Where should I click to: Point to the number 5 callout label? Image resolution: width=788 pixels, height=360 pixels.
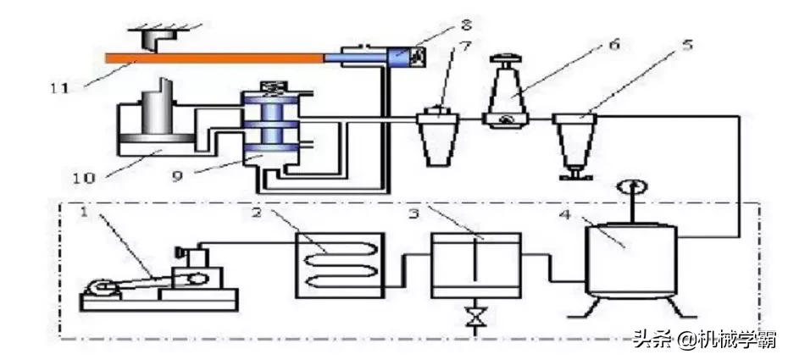click(688, 44)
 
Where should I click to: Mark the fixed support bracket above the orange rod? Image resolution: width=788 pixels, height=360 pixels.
click(158, 36)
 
